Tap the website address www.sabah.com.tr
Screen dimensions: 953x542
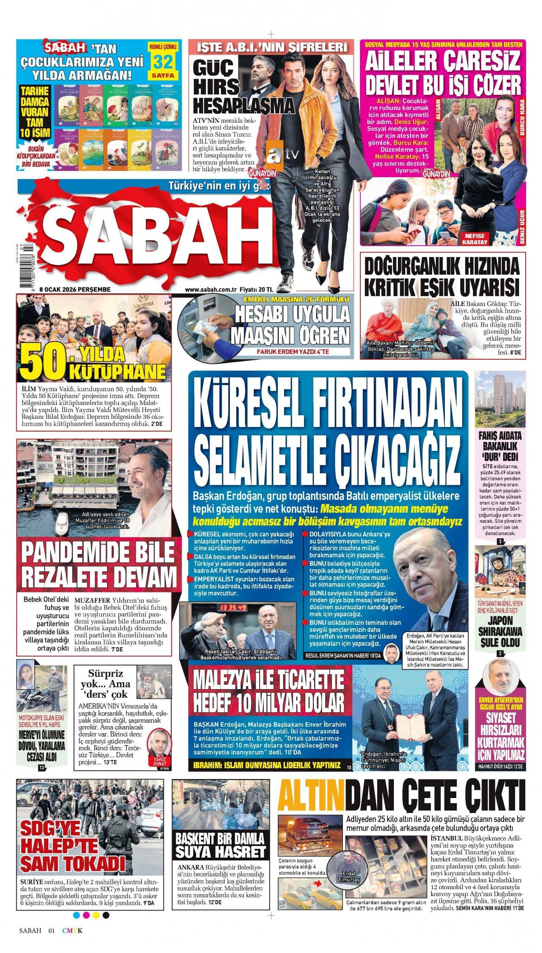coord(211,289)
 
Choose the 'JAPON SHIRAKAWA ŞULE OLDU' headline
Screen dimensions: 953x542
coord(500,632)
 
